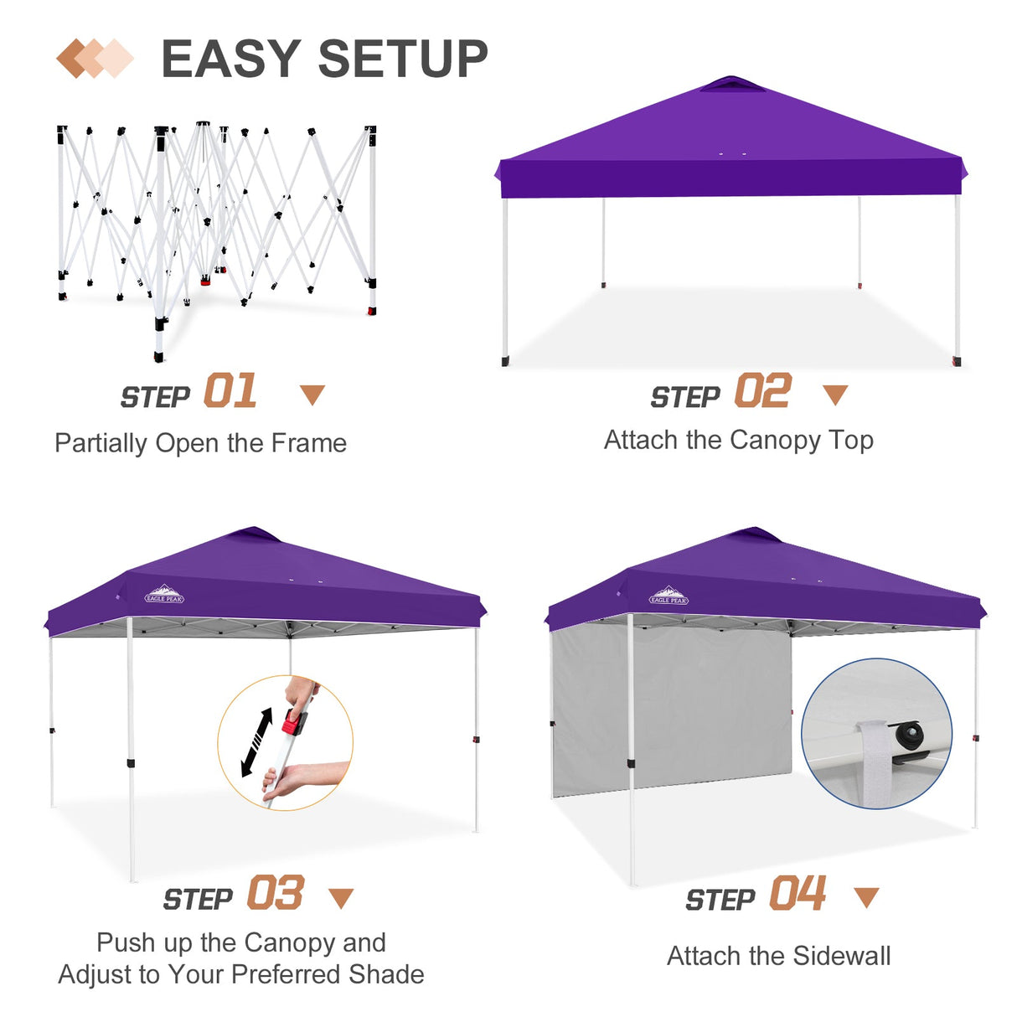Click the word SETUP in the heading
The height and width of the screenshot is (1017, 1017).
click(403, 59)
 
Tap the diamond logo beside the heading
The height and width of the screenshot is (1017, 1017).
click(95, 59)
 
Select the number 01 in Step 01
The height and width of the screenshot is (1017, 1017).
click(230, 392)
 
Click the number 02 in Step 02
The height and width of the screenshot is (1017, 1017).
click(762, 392)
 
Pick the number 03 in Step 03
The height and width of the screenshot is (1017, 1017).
click(276, 893)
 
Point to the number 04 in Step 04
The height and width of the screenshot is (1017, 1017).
click(798, 893)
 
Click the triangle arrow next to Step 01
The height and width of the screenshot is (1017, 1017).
click(312, 395)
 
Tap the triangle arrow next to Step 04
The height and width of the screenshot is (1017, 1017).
click(866, 897)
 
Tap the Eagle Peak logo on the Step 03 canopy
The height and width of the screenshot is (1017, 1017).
click(164, 595)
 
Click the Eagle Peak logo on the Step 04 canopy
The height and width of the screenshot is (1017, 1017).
click(669, 596)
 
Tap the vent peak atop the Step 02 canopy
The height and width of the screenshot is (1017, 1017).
click(730, 83)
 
